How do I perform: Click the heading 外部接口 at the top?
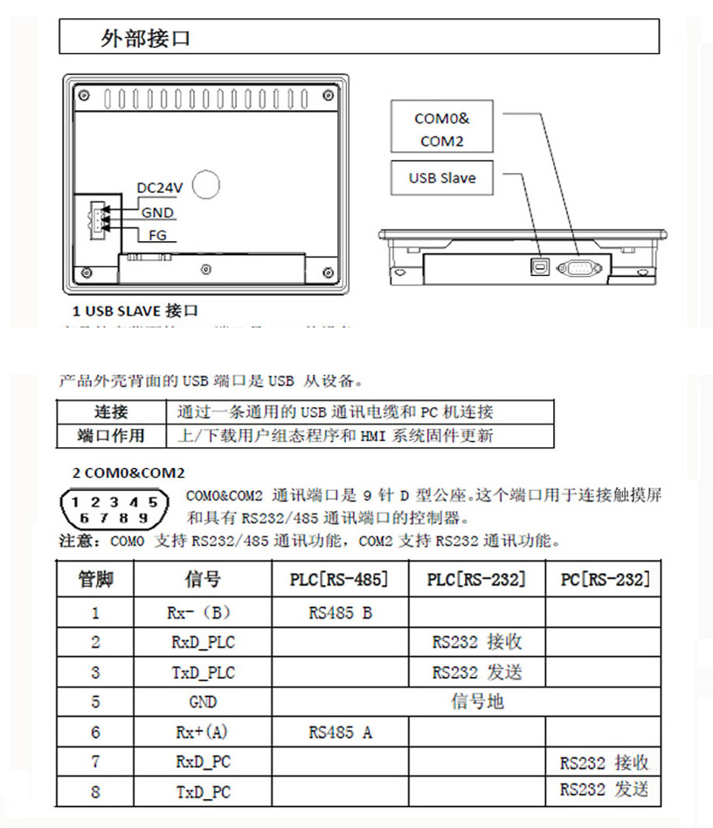click(x=145, y=39)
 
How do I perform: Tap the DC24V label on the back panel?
click(x=159, y=188)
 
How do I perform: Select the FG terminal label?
click(x=157, y=236)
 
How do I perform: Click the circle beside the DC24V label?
click(x=205, y=183)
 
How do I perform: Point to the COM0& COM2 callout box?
click(x=441, y=129)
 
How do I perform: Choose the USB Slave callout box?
click(x=442, y=178)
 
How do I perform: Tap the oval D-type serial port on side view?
click(x=578, y=267)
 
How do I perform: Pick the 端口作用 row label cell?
click(x=111, y=435)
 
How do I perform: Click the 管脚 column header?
click(x=95, y=580)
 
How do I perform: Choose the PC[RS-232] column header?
click(x=603, y=580)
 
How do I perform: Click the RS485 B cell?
click(x=340, y=613)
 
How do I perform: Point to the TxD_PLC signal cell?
click(x=203, y=673)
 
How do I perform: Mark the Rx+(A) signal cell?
click(x=203, y=732)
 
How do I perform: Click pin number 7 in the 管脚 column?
click(x=95, y=762)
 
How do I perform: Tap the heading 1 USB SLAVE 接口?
click(x=135, y=311)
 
